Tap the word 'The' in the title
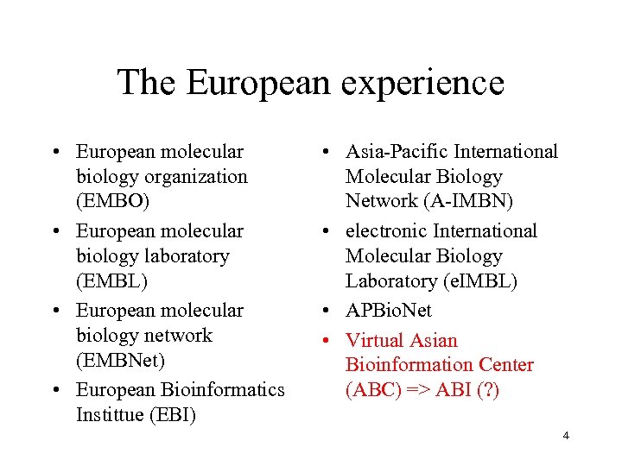click(145, 82)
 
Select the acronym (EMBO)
click(112, 201)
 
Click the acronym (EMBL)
click(111, 280)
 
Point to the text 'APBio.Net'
click(388, 310)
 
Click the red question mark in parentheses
click(487, 390)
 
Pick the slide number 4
click(565, 435)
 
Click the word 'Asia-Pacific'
click(397, 152)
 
